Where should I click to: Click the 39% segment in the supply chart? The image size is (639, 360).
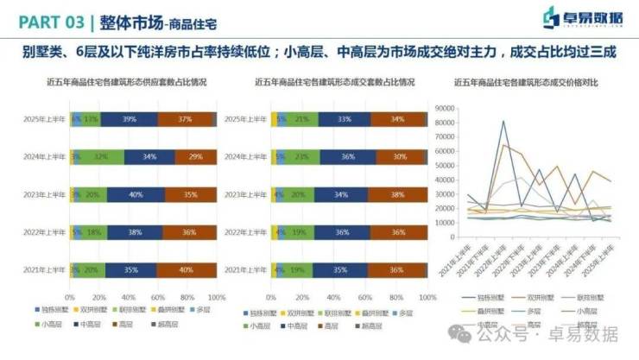[x=130, y=119]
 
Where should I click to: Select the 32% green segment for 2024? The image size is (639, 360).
[x=101, y=157]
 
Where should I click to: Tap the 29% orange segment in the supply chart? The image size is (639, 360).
[x=195, y=157]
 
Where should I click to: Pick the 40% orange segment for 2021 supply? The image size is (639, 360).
[x=187, y=270]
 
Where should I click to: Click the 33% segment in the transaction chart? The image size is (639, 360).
[x=345, y=119]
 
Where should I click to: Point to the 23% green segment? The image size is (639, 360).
[x=300, y=157]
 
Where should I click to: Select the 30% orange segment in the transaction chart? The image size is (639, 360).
[x=399, y=157]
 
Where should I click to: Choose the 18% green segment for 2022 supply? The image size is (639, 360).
[x=93, y=232]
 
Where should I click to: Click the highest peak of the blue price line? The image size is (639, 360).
[x=503, y=121]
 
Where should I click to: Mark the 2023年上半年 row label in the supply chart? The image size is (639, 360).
[x=45, y=195]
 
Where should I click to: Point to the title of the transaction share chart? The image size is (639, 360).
[x=334, y=83]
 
